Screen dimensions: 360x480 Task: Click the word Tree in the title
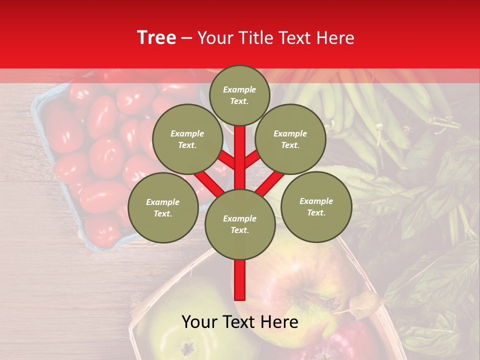156,38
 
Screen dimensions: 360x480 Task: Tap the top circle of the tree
239,95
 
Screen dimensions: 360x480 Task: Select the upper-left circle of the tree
187,139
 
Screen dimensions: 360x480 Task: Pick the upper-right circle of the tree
290,139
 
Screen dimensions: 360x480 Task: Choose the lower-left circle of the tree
162,207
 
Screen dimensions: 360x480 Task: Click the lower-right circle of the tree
316,206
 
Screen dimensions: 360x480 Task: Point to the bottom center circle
239,224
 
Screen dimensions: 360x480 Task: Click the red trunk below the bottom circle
239,280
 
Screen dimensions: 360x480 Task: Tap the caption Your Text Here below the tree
239,322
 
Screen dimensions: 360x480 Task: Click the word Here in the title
336,38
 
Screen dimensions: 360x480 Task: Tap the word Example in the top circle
239,89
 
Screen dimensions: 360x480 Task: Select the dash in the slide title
186,38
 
